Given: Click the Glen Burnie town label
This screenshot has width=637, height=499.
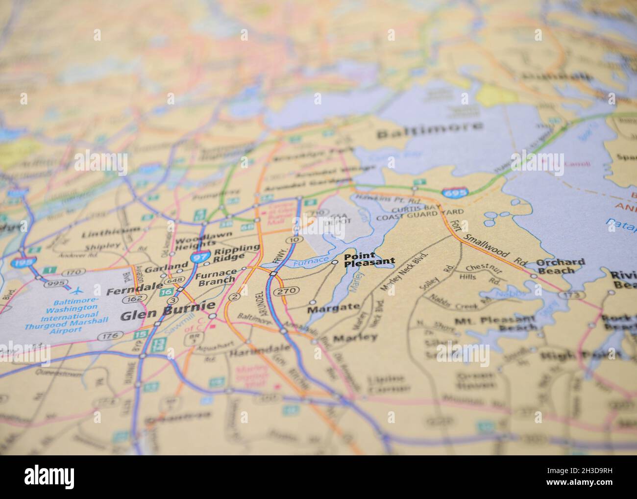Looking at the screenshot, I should point(167,317).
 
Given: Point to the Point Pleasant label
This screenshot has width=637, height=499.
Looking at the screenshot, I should point(368,259).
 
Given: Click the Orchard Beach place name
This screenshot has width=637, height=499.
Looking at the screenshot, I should point(560,266).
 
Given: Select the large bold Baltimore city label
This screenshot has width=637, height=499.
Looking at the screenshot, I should point(429,129).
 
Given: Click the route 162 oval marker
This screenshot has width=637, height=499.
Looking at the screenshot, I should point(130,299).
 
